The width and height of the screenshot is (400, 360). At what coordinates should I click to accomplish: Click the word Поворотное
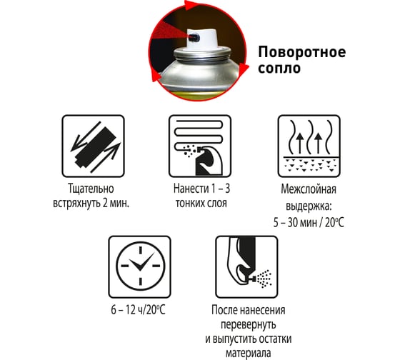[x=302, y=53]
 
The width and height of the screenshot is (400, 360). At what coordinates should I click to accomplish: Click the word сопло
[x=279, y=69]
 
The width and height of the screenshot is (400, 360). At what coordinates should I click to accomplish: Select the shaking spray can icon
[x=94, y=146]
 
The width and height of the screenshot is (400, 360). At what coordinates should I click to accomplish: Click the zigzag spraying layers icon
[x=200, y=146]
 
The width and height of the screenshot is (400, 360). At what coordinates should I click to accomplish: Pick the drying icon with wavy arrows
[x=309, y=146]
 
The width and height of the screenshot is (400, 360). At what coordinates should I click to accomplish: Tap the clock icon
[x=140, y=267]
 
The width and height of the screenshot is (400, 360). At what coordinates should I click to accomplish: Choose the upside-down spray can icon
[x=246, y=267]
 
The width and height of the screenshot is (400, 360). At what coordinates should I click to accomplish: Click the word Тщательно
[x=91, y=189]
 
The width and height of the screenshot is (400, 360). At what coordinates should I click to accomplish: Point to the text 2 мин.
[x=116, y=204]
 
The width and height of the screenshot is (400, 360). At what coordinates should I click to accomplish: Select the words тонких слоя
[x=201, y=204]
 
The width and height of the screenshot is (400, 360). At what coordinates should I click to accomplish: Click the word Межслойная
[x=309, y=189]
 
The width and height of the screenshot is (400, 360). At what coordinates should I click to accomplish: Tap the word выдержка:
[x=309, y=206]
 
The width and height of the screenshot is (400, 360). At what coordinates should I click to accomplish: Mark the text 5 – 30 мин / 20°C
[x=309, y=222]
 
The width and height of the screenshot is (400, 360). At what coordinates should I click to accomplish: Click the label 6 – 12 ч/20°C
[x=139, y=310]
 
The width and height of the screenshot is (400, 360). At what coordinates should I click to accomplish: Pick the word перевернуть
[x=249, y=325]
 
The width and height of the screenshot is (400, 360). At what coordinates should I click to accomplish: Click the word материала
[x=249, y=354]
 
